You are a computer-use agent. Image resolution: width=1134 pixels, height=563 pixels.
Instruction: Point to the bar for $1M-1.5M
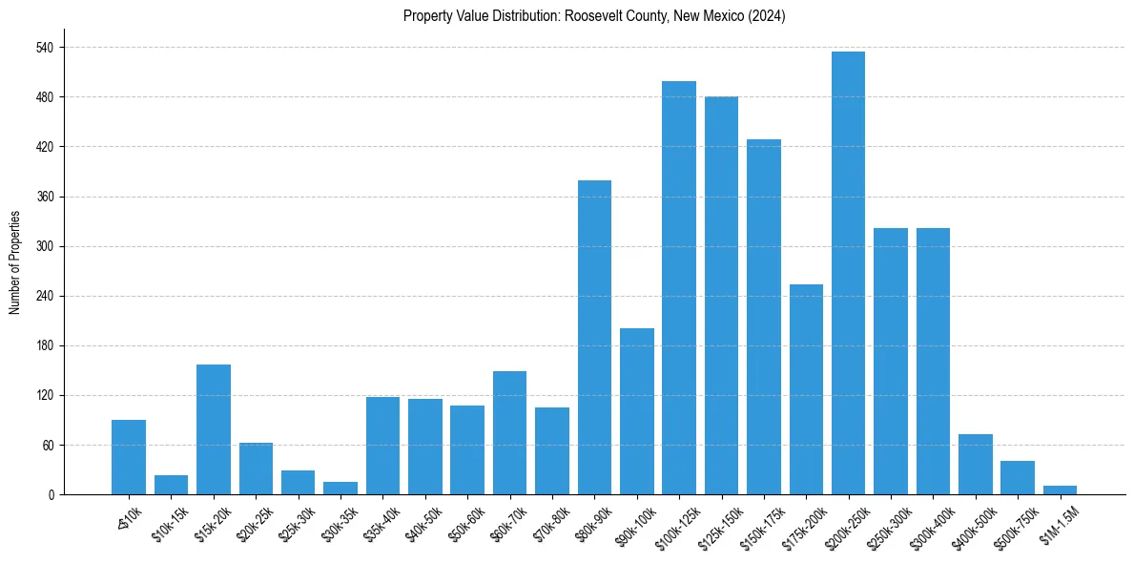coord(1060,490)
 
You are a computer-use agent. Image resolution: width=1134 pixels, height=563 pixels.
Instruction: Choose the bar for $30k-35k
coord(340,489)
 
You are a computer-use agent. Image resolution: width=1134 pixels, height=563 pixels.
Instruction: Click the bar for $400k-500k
coord(976,465)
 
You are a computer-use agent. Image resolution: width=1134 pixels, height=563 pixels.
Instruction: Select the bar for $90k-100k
coord(637,411)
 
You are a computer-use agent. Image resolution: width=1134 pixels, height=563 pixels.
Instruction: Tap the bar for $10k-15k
coord(172,485)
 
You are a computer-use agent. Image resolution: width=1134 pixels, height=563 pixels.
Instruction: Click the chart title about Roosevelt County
coord(594,16)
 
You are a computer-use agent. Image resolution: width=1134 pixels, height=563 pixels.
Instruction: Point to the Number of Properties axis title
coord(15,262)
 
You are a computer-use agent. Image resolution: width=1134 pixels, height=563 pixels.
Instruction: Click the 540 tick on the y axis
coord(44,48)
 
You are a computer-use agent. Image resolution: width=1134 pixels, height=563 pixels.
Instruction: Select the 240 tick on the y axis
coord(44,296)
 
